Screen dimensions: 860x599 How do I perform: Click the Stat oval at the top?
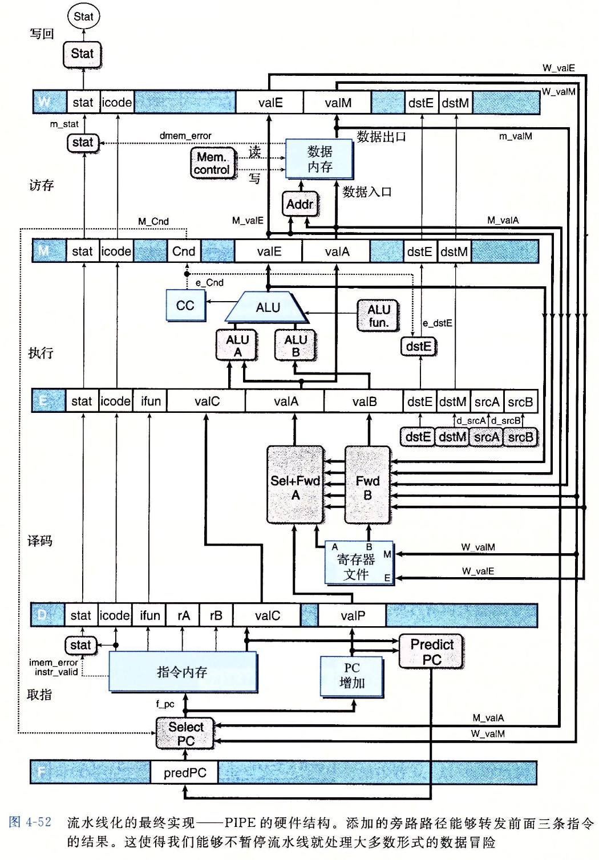point(83,17)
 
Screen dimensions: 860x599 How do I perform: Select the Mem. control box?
point(212,164)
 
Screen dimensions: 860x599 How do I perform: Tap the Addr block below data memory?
point(299,204)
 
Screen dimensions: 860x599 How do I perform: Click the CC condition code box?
point(185,306)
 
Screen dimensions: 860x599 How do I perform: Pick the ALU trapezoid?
point(268,307)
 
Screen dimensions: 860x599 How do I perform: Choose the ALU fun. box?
point(378,316)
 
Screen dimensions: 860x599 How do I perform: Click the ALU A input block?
point(237,346)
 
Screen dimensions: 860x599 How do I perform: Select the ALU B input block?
point(296,346)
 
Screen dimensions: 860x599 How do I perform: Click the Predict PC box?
point(431,652)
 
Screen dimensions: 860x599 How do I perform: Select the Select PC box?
point(185,734)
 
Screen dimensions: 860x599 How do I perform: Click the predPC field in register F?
point(185,773)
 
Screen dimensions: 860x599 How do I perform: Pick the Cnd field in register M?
point(184,251)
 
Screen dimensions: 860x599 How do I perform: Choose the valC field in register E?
point(207,401)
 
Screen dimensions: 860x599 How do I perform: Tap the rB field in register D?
point(216,616)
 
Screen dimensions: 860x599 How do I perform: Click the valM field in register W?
point(338,103)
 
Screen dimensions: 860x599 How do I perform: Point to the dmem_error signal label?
point(185,136)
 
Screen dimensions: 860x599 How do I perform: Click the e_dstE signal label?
point(438,323)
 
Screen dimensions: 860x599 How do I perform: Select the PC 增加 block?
point(351,676)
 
